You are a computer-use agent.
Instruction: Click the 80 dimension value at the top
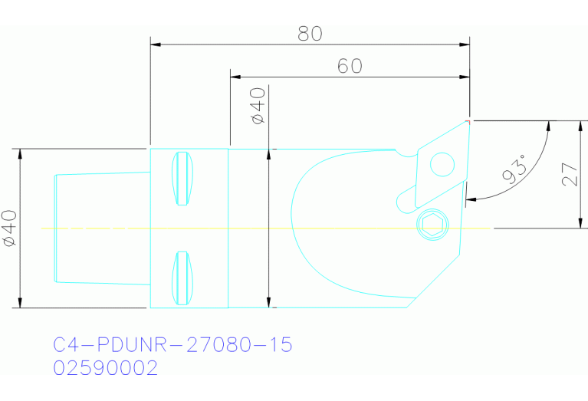point(310,34)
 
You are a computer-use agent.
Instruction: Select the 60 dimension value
point(350,66)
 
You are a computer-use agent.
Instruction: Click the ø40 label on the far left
point(10,228)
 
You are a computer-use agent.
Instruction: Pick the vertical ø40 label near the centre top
point(258,107)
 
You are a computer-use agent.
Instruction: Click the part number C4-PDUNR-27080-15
point(173,345)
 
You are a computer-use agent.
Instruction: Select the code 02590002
point(106,369)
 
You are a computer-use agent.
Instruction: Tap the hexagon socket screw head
point(431,224)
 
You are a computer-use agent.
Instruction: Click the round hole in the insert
point(442,163)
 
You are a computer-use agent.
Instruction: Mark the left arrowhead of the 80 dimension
point(155,44)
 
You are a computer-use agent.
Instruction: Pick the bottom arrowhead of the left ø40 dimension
point(21,303)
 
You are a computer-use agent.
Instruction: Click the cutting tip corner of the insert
point(468,120)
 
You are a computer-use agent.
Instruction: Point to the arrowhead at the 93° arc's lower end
point(470,199)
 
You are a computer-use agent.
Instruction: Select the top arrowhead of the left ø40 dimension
point(21,153)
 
